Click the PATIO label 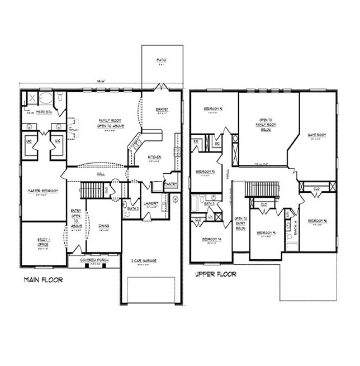coord(162,59)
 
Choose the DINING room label coord(104,226)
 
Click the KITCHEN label coord(155,157)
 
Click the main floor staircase coord(91,191)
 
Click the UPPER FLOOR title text coord(215,274)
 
